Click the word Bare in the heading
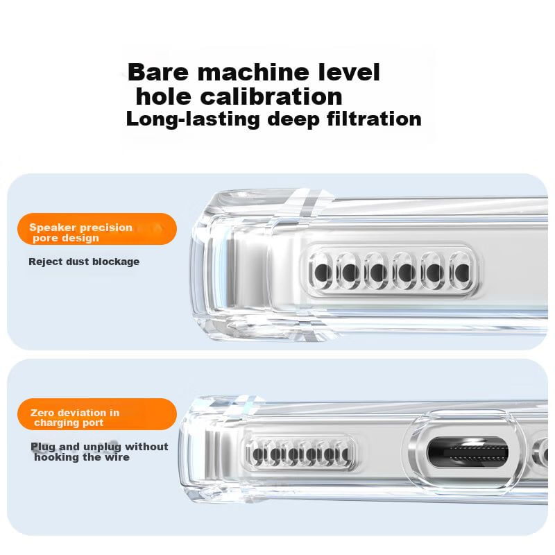click(158, 72)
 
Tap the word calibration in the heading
click(271, 96)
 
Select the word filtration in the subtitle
click(374, 119)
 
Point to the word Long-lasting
click(194, 119)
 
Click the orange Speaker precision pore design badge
click(97, 229)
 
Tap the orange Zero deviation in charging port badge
click(97, 414)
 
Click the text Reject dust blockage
click(84, 262)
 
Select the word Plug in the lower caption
click(43, 447)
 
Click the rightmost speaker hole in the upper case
click(461, 271)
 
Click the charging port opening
click(468, 452)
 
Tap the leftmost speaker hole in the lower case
click(257, 454)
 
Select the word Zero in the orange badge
click(44, 413)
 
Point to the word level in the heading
click(349, 72)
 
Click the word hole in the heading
click(164, 96)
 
